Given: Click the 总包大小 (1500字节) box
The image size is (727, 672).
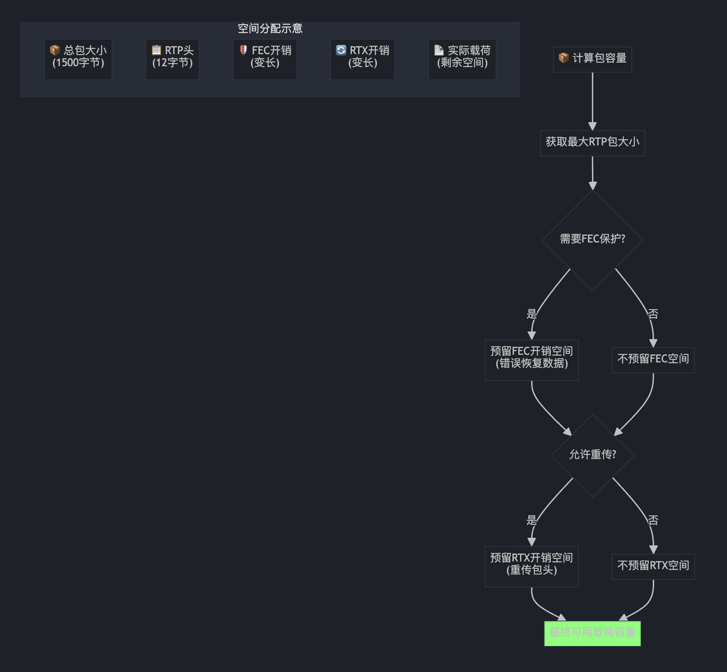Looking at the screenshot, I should click(78, 60).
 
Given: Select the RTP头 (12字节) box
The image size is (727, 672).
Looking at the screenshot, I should click(172, 60).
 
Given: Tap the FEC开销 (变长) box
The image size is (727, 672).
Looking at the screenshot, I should click(265, 60).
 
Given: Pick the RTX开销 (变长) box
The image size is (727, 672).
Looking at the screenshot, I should click(363, 60).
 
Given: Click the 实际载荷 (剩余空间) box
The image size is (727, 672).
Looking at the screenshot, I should click(462, 60).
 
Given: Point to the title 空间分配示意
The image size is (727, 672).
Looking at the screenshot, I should click(270, 29).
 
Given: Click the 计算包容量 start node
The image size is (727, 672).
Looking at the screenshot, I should click(592, 59).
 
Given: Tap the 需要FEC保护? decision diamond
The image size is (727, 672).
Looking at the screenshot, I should click(592, 240).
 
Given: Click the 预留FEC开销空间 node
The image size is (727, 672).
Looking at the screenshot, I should click(532, 360).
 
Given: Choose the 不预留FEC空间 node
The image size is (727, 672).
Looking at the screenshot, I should click(653, 360).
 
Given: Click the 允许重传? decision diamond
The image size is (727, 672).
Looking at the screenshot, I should click(592, 455).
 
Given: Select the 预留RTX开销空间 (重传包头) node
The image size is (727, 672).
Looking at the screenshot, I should click(532, 566).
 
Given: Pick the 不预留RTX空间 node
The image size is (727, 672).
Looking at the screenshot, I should click(653, 566).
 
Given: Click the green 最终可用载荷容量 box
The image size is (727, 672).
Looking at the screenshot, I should click(592, 633).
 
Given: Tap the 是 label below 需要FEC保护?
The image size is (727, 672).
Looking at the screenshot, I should click(532, 314).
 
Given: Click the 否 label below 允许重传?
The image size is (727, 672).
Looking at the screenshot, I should click(653, 520).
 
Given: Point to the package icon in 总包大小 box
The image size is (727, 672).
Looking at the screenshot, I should click(55, 50).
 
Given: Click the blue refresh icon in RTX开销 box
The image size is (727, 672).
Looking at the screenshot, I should click(341, 50).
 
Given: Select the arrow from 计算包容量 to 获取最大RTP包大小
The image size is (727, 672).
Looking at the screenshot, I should click(592, 101).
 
